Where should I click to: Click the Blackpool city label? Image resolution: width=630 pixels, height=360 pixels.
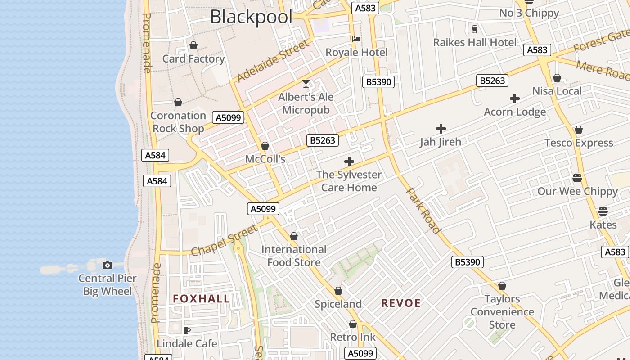tap(251, 17)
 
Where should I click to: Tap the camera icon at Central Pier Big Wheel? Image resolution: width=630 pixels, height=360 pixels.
tap(107, 265)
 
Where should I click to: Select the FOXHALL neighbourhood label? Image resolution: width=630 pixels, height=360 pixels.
tap(201, 299)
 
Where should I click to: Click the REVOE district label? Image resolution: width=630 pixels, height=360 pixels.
tap(401, 303)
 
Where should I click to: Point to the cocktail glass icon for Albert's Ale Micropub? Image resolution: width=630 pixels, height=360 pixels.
tap(306, 84)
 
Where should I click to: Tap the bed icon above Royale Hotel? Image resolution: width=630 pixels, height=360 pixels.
tap(356, 39)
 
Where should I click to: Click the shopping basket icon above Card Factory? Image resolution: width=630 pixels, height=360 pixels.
tap(193, 45)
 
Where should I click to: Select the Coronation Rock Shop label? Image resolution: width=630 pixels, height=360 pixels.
tap(178, 122)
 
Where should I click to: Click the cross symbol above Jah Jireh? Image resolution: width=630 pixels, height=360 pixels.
tap(441, 129)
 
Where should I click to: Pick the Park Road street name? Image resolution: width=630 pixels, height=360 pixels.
tap(423, 211)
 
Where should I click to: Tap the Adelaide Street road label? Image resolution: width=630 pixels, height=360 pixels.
tap(273, 61)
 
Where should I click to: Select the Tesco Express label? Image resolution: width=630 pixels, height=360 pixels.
tap(579, 143)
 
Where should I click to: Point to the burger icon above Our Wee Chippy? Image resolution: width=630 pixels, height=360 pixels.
tap(577, 178)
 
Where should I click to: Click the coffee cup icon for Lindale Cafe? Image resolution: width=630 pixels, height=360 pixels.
tap(187, 331)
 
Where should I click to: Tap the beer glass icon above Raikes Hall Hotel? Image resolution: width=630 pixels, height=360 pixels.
tap(474, 29)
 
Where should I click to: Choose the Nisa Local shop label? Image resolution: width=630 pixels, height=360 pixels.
tap(557, 91)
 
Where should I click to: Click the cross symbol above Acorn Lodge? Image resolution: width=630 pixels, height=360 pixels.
tap(515, 99)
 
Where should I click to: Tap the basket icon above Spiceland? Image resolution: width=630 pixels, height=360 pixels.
tap(338, 291)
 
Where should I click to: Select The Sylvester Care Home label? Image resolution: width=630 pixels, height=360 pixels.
tap(349, 181)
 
